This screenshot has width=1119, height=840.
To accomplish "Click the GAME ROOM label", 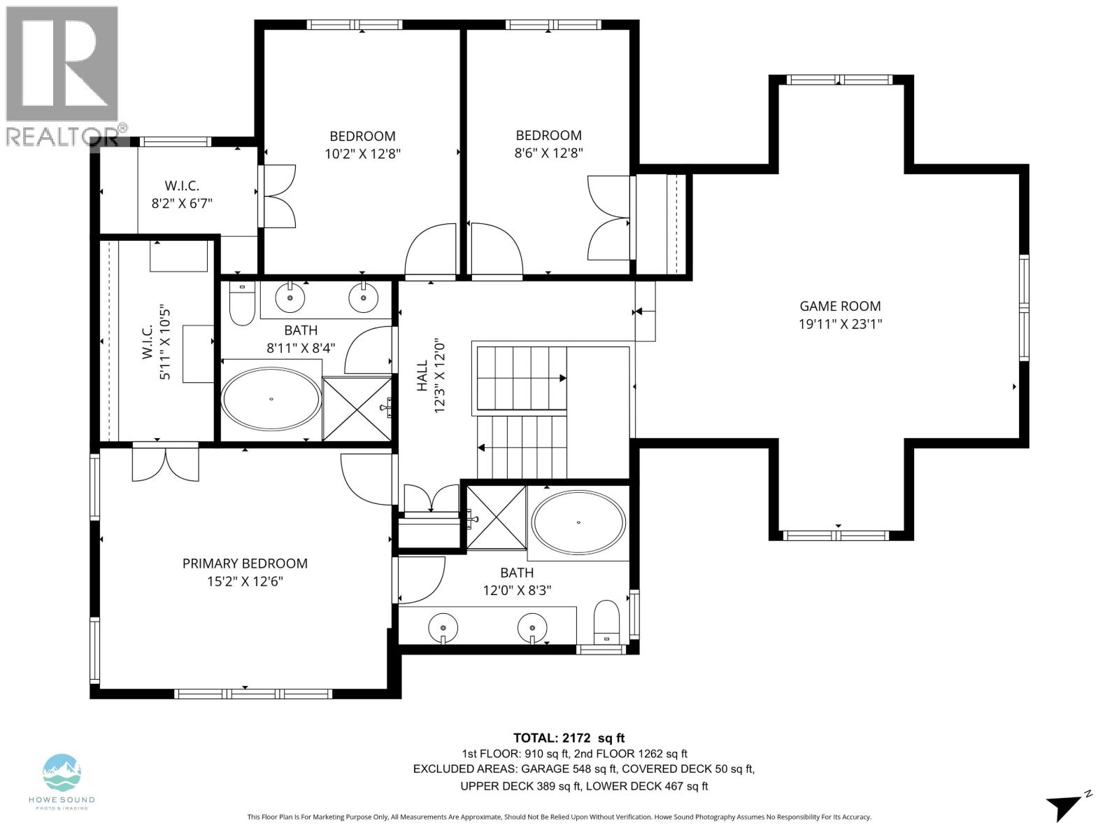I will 840,306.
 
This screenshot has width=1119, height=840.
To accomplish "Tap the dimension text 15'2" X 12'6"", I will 245,582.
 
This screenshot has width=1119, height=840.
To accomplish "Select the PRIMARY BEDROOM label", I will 245,563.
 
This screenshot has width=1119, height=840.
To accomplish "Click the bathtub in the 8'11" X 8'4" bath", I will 271,399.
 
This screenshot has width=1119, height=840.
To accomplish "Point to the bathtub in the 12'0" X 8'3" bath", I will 578,523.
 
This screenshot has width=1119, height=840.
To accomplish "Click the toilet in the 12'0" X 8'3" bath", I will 606,621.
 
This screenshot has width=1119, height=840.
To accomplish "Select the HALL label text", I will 422,376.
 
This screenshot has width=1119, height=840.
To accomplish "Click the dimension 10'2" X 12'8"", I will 362,154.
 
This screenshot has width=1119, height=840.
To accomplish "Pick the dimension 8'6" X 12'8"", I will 548,153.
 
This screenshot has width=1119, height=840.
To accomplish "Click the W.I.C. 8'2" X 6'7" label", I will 182,195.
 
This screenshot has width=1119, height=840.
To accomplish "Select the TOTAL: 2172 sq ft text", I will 569,738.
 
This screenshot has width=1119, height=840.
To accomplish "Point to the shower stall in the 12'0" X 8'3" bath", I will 496,517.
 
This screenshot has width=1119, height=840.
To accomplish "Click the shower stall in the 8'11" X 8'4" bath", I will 356,409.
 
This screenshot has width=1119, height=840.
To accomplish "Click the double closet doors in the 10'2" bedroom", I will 278,196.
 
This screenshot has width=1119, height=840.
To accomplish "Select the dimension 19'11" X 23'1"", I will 840,324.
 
